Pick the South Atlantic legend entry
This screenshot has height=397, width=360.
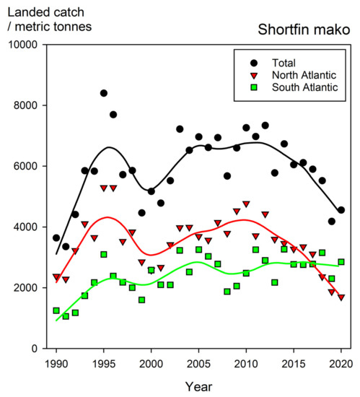coord(304,88)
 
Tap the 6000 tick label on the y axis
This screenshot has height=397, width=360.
coord(27,166)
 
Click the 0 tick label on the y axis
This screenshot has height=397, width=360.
coord(37,349)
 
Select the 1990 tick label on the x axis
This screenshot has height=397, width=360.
coord(56,362)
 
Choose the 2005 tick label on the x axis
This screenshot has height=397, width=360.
coord(198,362)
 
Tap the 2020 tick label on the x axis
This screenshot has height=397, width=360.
coord(341,362)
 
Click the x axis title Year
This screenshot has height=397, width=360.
coord(198,385)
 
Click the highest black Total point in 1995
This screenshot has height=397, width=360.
coord(104,93)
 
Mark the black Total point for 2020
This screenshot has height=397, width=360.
coord(341,210)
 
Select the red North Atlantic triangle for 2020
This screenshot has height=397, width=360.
coord(341,297)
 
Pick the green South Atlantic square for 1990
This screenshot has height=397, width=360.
coord(56,310)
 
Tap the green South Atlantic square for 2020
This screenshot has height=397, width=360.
coord(341,262)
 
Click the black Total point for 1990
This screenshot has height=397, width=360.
coord(56,237)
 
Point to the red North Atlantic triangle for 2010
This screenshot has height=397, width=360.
coord(246,204)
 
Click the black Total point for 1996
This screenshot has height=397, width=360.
coord(113,115)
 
